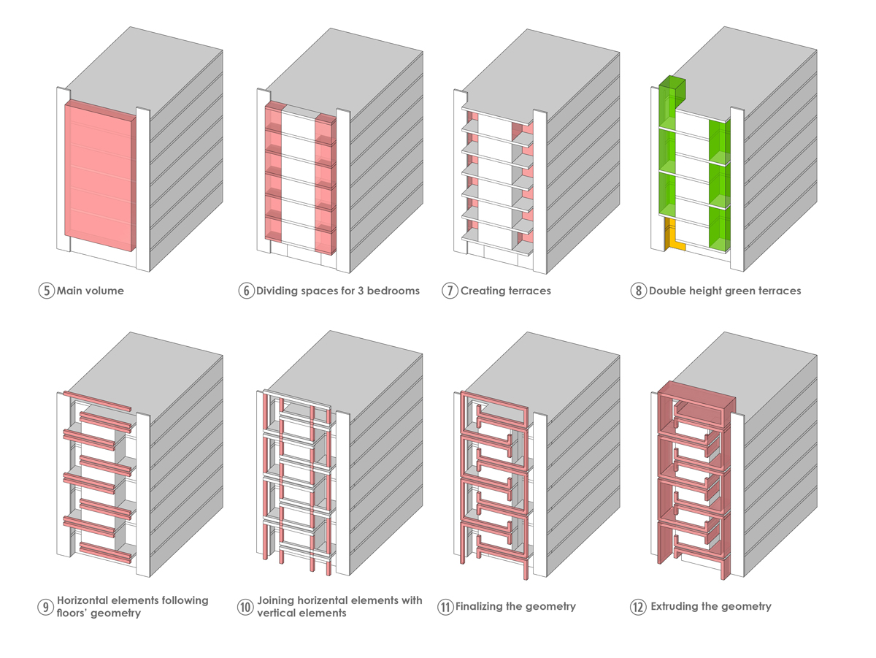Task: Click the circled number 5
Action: pos(46,291)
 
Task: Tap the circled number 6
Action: pos(245,291)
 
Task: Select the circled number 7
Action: pos(450,291)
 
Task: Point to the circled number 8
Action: pos(639,291)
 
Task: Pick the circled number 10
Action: pos(245,607)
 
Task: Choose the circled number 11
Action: pos(445,607)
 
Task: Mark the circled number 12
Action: pos(639,607)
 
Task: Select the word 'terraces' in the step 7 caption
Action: pos(528,291)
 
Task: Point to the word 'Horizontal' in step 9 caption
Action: pos(86,600)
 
